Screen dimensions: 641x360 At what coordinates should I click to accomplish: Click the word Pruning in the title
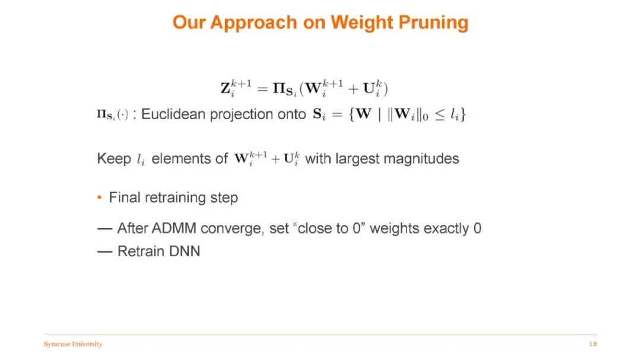tap(433, 23)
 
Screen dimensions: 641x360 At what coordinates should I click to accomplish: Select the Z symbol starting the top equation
tap(226, 88)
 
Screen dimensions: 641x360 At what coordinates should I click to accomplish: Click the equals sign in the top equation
tap(262, 89)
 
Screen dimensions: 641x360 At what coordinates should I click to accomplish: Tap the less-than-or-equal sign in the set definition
tap(439, 115)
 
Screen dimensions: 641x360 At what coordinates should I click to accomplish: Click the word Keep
tap(114, 158)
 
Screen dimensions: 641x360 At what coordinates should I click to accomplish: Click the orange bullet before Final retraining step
tap(99, 197)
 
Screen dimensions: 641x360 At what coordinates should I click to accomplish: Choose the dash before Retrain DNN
tap(105, 251)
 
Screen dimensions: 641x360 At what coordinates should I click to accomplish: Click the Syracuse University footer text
tap(73, 344)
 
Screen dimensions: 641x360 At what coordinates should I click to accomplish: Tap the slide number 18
tap(593, 344)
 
